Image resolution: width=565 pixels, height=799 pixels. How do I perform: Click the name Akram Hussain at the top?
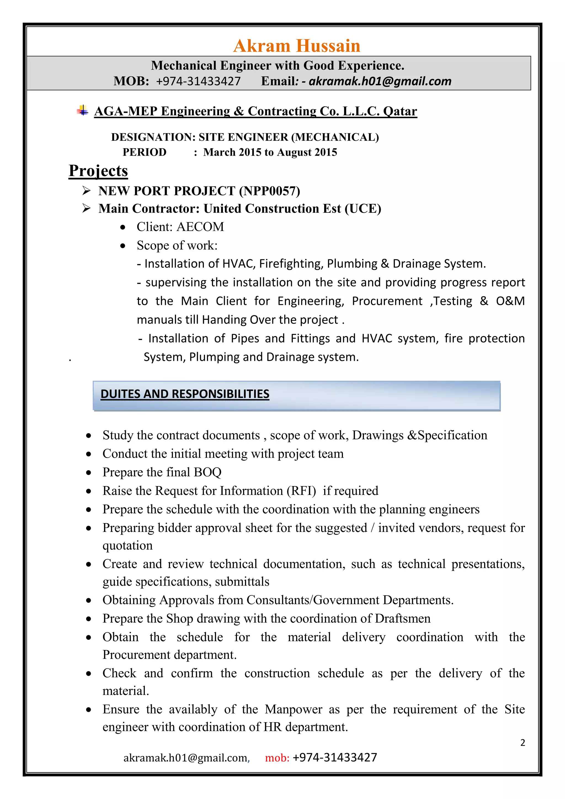click(296, 46)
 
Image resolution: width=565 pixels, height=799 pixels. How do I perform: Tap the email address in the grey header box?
click(380, 81)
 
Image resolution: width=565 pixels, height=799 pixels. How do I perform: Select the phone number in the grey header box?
click(198, 81)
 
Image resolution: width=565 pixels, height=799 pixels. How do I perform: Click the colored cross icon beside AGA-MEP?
click(82, 110)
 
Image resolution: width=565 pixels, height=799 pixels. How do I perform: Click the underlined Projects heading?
click(98, 171)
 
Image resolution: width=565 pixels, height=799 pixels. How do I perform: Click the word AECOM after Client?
click(200, 227)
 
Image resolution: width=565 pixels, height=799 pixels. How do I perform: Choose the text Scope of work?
click(177, 246)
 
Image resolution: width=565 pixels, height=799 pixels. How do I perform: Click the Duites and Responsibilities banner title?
click(185, 394)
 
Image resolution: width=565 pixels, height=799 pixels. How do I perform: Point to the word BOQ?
click(207, 472)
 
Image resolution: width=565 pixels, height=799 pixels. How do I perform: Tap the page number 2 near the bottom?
click(522, 743)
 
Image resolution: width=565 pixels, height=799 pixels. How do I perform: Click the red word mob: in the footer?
click(277, 758)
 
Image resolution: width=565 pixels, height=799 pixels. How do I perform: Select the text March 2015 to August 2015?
click(270, 152)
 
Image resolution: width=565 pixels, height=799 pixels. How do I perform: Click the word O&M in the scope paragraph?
click(510, 301)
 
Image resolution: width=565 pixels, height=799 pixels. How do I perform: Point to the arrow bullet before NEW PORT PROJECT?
click(86, 191)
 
